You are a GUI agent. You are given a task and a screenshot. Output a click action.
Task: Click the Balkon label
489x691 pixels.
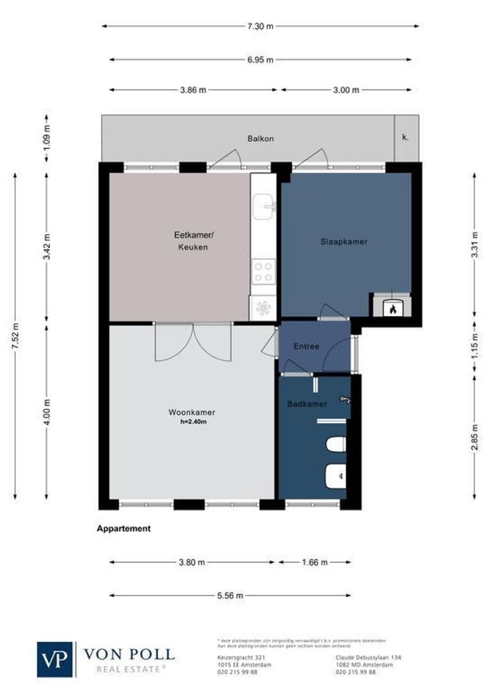click(x=261, y=138)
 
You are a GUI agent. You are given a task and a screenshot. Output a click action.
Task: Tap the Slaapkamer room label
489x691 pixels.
click(x=344, y=241)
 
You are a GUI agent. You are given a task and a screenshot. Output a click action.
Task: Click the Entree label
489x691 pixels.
click(x=306, y=346)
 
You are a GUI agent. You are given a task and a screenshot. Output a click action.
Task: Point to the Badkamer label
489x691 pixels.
click(x=307, y=404)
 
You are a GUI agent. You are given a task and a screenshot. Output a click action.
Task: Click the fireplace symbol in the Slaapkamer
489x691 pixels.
click(x=391, y=308)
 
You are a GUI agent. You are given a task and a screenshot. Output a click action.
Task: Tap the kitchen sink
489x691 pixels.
click(x=264, y=205)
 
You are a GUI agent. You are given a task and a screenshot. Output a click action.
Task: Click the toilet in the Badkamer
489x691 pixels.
click(x=335, y=443)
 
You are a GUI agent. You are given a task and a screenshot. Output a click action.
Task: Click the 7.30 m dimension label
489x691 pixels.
click(x=261, y=26)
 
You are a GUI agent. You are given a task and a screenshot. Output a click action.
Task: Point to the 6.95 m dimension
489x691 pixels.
click(x=261, y=60)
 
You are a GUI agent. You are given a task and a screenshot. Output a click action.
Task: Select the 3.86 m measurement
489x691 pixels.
click(x=193, y=90)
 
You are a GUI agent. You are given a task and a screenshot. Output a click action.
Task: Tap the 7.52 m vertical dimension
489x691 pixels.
click(x=15, y=335)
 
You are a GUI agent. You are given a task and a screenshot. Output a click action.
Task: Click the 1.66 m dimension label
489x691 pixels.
click(x=314, y=562)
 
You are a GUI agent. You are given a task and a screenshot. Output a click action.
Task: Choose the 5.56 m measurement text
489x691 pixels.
click(x=230, y=596)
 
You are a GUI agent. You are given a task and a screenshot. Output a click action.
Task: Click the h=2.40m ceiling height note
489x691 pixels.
click(x=193, y=422)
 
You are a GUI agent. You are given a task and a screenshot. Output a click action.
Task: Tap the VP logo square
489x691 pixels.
click(x=56, y=659)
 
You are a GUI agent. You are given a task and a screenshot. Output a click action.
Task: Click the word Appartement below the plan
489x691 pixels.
click(x=124, y=528)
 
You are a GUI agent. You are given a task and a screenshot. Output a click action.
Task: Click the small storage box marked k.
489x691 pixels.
click(x=405, y=138)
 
